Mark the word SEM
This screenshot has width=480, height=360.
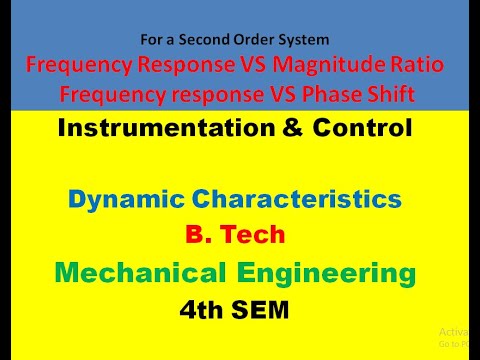[x=262, y=311]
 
